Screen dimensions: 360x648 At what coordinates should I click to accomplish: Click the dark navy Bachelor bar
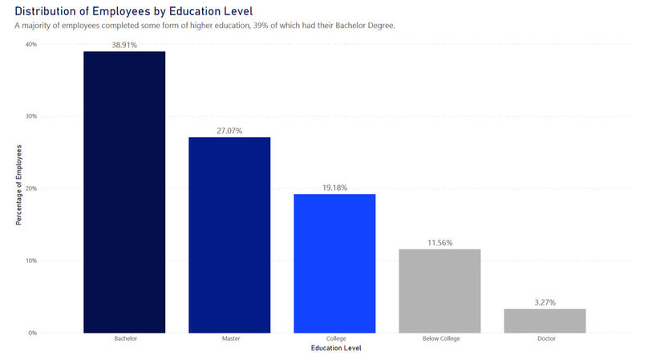coord(124,192)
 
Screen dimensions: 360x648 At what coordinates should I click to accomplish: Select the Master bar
coord(229,234)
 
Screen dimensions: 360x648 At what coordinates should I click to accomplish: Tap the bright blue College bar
coord(334,263)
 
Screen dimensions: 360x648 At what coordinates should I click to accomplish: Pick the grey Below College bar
coord(439,290)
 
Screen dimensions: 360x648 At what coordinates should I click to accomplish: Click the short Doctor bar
coord(545,320)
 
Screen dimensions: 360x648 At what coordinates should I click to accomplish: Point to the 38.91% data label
coord(124,46)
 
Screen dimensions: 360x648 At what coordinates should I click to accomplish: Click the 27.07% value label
coord(229,131)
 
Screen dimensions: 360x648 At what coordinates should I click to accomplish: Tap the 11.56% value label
coord(439,242)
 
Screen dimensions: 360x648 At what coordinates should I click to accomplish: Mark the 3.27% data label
coord(545,302)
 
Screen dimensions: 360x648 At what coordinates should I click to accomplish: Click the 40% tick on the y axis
coord(30,44)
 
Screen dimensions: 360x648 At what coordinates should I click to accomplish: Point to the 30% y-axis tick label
coord(30,116)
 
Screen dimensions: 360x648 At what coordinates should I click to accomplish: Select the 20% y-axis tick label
coord(30,188)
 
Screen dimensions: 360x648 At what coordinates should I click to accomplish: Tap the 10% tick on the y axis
coord(30,261)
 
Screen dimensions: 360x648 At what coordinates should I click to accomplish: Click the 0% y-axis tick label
coord(32,333)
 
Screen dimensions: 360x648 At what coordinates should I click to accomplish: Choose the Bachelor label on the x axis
coord(124,339)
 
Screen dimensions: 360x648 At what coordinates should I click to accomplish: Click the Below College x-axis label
coord(439,339)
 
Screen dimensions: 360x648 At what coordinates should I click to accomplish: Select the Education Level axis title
coord(334,348)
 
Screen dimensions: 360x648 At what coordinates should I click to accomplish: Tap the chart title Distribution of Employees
coord(133,10)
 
